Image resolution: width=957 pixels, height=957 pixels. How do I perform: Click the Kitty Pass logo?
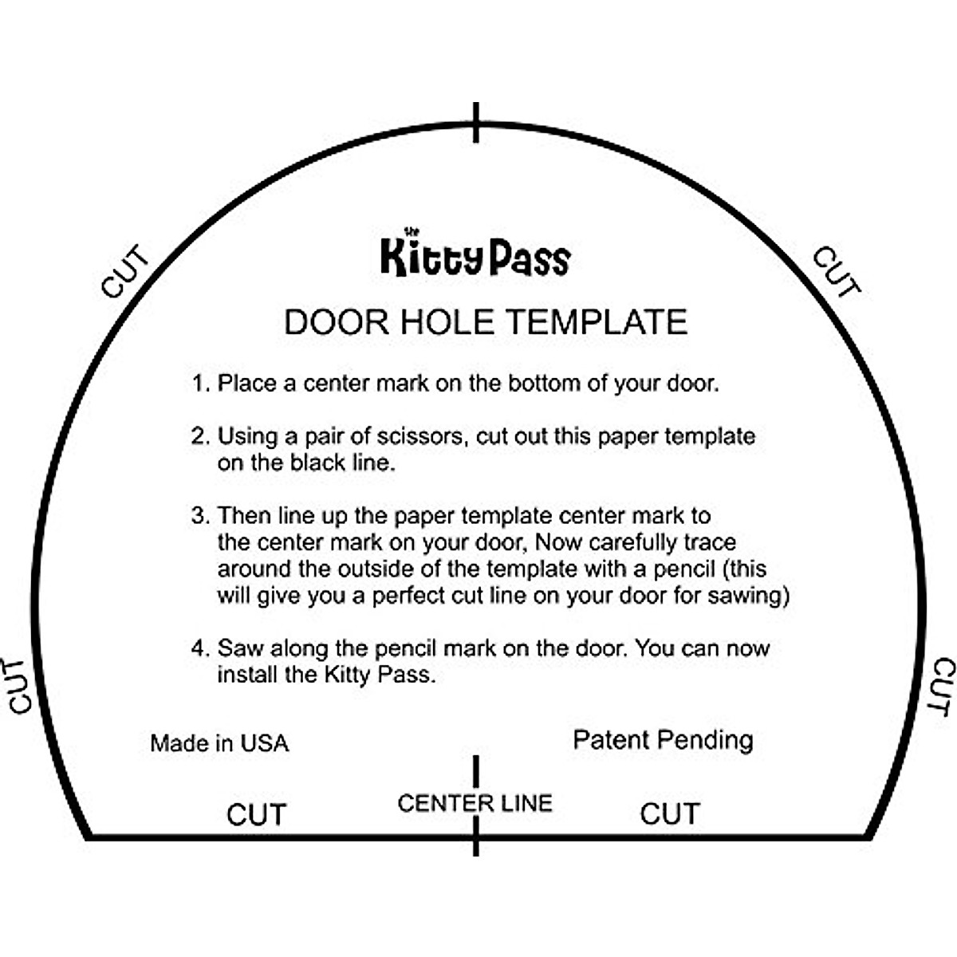(x=475, y=256)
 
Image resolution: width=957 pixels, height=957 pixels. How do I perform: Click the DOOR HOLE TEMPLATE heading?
(x=485, y=322)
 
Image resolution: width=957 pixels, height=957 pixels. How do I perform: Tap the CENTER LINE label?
(x=475, y=803)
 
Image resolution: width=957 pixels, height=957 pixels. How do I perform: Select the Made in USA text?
(x=219, y=743)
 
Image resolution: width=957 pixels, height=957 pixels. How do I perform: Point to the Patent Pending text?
(x=663, y=740)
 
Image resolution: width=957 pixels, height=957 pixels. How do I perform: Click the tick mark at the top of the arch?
(x=476, y=123)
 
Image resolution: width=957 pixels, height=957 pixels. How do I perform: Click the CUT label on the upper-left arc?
(x=124, y=273)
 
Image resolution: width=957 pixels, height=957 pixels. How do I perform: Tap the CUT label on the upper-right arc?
(x=837, y=273)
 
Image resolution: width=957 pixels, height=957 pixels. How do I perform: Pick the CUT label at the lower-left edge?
(x=19, y=686)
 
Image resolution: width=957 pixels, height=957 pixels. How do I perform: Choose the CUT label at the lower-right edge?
(x=943, y=687)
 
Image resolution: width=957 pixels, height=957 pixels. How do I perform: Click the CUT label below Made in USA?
(x=256, y=815)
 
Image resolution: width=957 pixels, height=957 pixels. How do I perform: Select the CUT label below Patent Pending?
(x=670, y=814)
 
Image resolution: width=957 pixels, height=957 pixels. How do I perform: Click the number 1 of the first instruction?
(x=199, y=384)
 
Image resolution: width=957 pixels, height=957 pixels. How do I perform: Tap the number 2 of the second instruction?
(x=199, y=436)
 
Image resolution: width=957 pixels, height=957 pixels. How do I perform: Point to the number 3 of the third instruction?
(x=199, y=516)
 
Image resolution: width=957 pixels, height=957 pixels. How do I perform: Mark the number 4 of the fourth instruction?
(x=199, y=648)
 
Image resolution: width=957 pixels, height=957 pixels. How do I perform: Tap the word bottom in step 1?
(x=545, y=384)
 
